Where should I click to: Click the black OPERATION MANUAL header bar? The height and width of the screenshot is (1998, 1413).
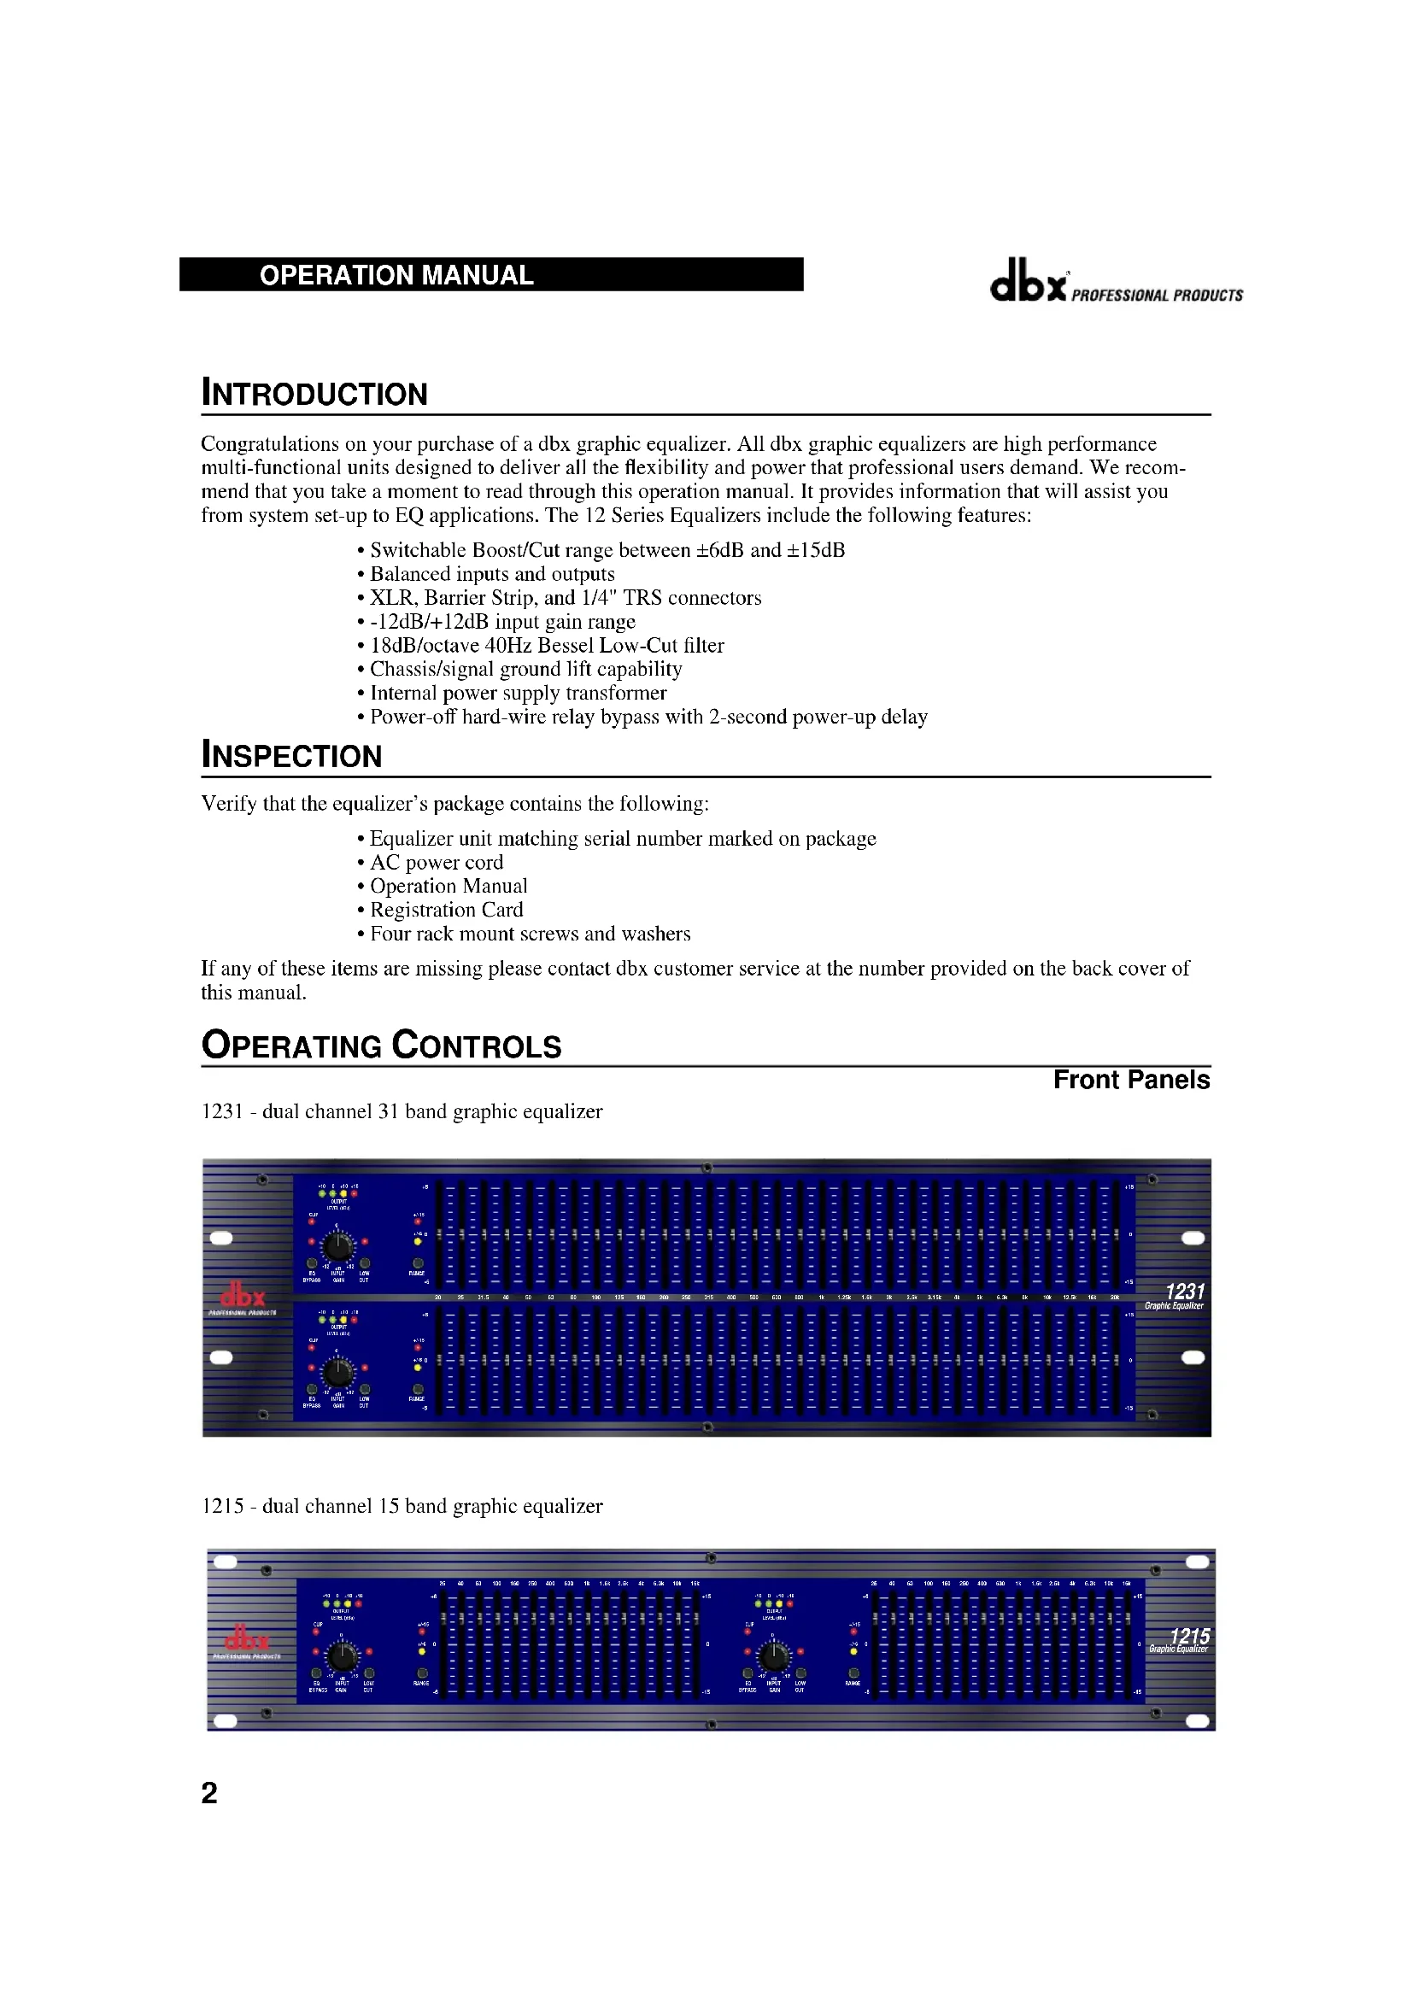tap(490, 274)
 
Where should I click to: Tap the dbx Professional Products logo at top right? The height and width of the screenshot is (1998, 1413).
tap(1116, 281)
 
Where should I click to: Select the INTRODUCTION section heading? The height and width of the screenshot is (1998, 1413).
tap(314, 393)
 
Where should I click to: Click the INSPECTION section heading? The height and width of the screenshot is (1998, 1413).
tap(291, 755)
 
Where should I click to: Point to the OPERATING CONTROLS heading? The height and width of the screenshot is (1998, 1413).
tap(381, 1045)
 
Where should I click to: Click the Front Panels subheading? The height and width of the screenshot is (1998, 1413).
tap(1130, 1080)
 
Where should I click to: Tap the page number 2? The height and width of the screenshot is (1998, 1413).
tap(208, 1792)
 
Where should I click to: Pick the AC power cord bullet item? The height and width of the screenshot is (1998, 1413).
tap(436, 863)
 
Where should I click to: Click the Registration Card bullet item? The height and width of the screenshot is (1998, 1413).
tap(446, 910)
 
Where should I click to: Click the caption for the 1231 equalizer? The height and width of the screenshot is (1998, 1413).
tap(402, 1111)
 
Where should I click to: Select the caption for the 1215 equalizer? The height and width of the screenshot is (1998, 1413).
tap(402, 1505)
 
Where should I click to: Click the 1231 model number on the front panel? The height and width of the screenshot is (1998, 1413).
tap(1184, 1292)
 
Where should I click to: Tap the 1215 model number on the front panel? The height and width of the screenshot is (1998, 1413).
tap(1188, 1636)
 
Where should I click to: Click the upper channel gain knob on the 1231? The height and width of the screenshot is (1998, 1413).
tap(337, 1246)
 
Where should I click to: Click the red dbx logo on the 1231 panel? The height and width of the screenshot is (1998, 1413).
tap(243, 1295)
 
